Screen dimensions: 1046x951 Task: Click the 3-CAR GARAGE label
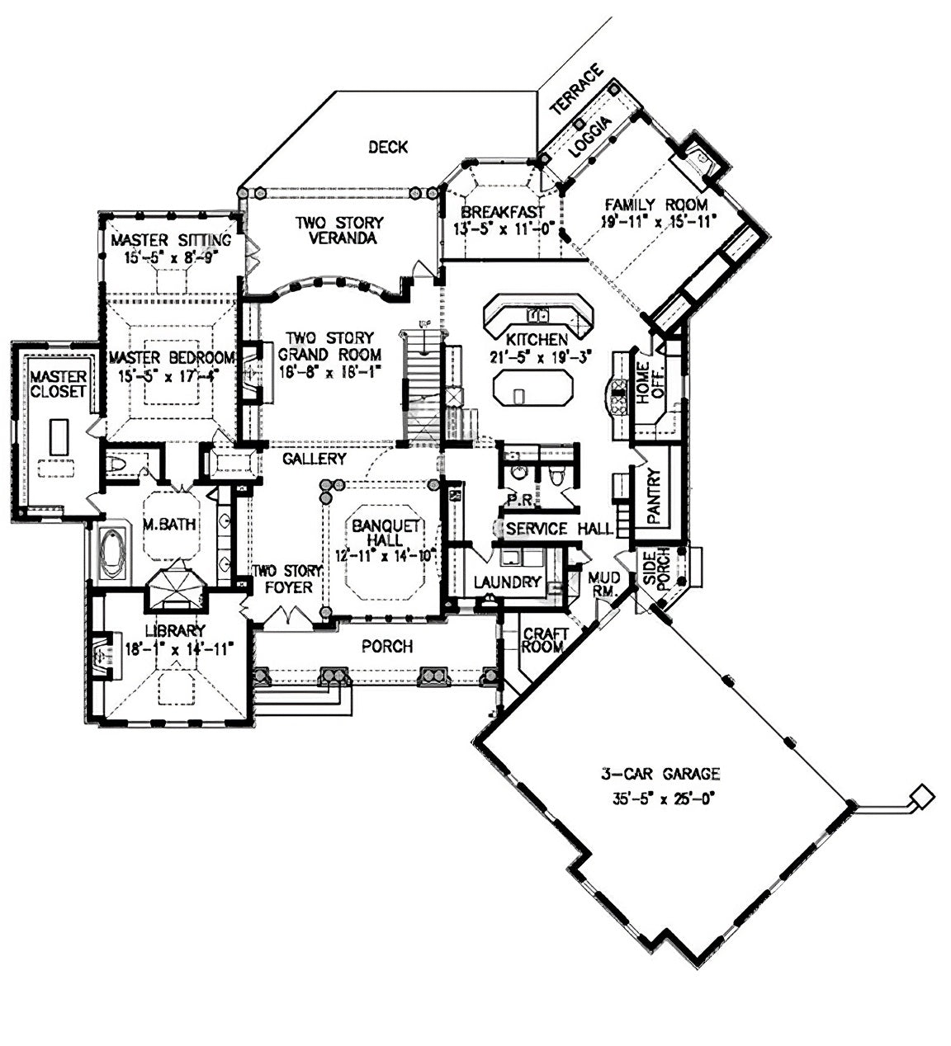tap(660, 775)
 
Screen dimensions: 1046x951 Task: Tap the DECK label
tap(387, 147)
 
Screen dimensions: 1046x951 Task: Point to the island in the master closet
tap(57, 435)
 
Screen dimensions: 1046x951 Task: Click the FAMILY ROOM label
tap(655, 205)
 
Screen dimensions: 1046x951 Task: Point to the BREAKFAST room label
tap(502, 212)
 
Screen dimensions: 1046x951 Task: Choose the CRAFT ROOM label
tap(545, 640)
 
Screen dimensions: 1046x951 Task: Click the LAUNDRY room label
tap(507, 582)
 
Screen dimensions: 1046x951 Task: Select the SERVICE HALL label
tap(559, 529)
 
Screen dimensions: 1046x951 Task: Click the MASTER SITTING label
tap(170, 240)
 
